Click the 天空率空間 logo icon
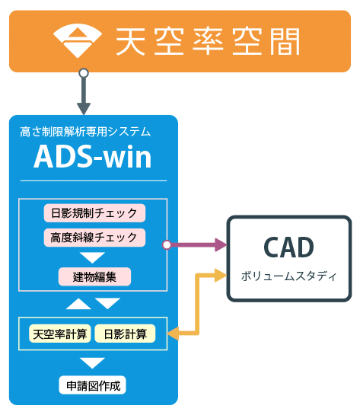[x=78, y=40]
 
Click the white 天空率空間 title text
[x=208, y=42]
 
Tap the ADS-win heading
[x=93, y=157]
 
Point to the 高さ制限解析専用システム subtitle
[x=85, y=132]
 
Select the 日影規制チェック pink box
[x=94, y=213]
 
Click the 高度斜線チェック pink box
[x=94, y=238]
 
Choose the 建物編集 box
[x=94, y=277]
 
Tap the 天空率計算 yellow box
[x=60, y=334]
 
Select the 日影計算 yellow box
[x=125, y=334]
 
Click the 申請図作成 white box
[x=93, y=385]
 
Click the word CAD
[x=289, y=247]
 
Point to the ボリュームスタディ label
[x=289, y=276]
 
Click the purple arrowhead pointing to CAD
[x=221, y=245]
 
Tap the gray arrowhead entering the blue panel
[x=84, y=109]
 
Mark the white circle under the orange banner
[x=84, y=73]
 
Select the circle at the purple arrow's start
[x=167, y=245]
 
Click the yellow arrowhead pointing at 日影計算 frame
[x=173, y=334]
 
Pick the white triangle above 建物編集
[x=92, y=257]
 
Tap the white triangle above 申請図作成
[x=92, y=362]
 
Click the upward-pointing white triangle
[x=78, y=304]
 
